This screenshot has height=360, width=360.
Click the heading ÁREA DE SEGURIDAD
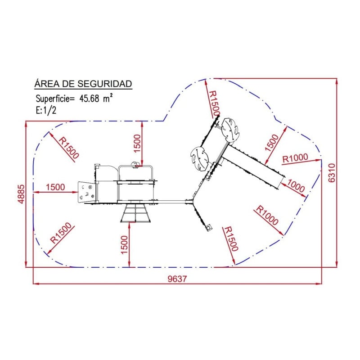pyautogui.click(x=83, y=84)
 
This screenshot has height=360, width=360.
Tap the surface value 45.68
pyautogui.click(x=89, y=99)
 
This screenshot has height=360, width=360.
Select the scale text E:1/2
pyautogui.click(x=46, y=110)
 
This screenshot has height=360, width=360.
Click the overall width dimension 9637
pyautogui.click(x=177, y=279)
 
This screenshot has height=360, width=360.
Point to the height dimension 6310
pyautogui.click(x=332, y=173)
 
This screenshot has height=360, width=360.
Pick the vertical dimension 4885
pyautogui.click(x=21, y=194)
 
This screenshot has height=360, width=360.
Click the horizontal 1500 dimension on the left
pyautogui.click(x=55, y=187)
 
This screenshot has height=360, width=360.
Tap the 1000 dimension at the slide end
pyautogui.click(x=296, y=186)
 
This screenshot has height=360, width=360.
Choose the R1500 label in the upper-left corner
pyautogui.click(x=69, y=148)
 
